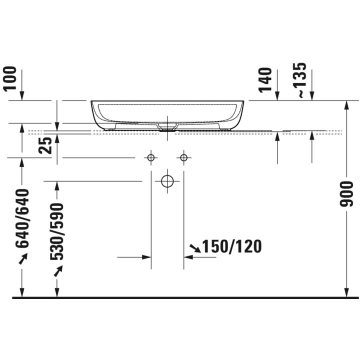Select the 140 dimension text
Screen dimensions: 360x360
(265, 80)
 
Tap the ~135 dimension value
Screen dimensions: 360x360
(300, 80)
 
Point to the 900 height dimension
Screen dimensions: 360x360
(346, 193)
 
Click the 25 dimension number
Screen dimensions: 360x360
(45, 145)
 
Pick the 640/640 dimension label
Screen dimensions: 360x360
(22, 218)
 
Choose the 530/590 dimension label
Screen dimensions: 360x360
(56, 231)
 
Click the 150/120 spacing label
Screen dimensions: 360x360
(231, 246)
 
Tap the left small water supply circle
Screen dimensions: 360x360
(151, 157)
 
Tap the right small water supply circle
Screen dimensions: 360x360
(183, 157)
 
